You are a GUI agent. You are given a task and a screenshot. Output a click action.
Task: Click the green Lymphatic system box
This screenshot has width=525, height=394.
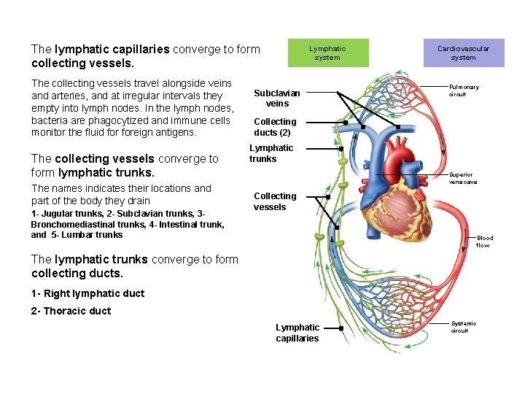(x=327, y=53)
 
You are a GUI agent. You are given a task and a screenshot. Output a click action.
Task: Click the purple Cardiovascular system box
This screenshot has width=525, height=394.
(x=463, y=53)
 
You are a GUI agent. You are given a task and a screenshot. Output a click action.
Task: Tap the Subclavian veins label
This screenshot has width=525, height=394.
(x=276, y=98)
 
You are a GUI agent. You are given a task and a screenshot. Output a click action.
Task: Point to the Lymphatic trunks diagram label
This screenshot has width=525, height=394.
(x=271, y=153)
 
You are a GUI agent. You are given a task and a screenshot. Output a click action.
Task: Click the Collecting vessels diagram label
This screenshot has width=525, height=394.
(x=275, y=201)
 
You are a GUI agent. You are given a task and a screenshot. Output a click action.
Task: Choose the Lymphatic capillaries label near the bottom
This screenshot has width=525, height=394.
(x=297, y=333)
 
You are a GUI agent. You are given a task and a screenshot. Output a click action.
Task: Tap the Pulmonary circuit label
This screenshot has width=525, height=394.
(x=464, y=90)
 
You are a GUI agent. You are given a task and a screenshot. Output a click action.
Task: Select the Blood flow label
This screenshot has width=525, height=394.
(x=484, y=242)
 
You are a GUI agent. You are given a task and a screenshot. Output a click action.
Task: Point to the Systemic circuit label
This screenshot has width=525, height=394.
(x=463, y=327)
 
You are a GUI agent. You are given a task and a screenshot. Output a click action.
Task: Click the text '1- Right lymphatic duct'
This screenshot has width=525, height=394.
(x=87, y=293)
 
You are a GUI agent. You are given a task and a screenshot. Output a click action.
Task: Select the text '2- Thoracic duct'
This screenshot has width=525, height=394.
(x=71, y=311)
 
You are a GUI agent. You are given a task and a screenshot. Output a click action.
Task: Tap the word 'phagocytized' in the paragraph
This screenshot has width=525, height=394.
(x=115, y=120)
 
